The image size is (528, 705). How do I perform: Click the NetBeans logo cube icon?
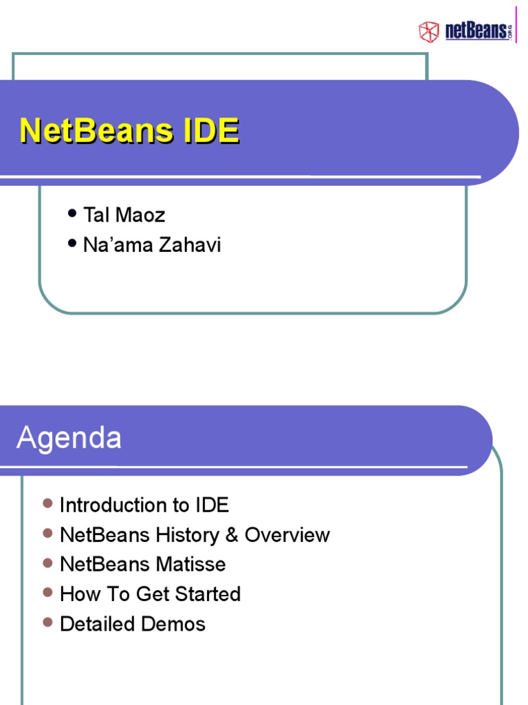[429, 31]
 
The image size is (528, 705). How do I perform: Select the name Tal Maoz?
[124, 215]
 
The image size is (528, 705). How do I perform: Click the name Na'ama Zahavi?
[152, 245]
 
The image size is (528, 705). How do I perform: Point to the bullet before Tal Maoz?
[72, 214]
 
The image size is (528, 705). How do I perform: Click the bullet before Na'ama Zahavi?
[72, 244]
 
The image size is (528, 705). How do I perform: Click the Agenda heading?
[69, 438]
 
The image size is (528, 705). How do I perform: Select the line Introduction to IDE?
[144, 505]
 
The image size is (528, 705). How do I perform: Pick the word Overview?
[287, 535]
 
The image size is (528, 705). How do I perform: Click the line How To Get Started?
[150, 594]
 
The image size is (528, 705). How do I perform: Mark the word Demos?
[173, 624]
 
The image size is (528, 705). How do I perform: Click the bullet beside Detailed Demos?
[47, 622]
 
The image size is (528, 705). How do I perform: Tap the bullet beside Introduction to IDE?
[47, 503]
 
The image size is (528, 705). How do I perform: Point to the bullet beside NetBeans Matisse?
[47, 563]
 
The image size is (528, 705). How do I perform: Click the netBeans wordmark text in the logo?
[477, 30]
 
